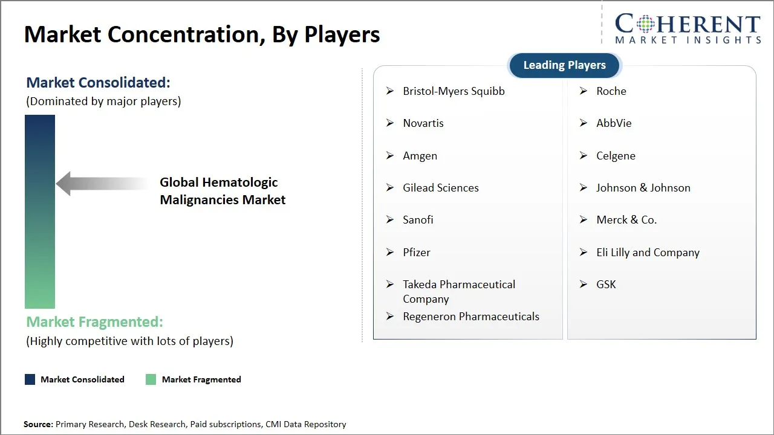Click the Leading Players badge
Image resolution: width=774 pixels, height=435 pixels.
[564, 65]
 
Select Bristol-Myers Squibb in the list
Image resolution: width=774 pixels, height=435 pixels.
[454, 91]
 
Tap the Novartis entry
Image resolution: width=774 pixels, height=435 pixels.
[423, 123]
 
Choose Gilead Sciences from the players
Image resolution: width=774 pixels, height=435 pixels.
[441, 188]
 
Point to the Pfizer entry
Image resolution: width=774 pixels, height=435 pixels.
[417, 253]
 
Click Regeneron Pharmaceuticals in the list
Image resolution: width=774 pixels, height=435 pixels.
[471, 317]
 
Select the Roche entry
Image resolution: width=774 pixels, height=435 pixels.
[611, 91]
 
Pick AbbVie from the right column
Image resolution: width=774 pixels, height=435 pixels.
[614, 123]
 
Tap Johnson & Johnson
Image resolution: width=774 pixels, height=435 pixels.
[643, 188]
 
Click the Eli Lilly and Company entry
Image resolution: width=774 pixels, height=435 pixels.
[648, 253]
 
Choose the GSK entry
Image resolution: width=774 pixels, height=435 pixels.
[606, 285]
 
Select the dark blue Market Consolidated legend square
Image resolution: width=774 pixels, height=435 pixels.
[30, 379]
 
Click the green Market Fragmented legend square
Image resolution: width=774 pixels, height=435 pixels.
[151, 379]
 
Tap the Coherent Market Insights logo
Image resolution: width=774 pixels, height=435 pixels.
[688, 28]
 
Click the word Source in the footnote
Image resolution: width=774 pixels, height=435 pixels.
[38, 424]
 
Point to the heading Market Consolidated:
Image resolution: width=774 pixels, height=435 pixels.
[98, 83]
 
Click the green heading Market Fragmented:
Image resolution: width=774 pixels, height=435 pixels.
[94, 322]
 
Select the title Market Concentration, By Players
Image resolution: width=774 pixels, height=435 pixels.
[202, 34]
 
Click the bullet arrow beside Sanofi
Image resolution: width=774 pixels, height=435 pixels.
[390, 220]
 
